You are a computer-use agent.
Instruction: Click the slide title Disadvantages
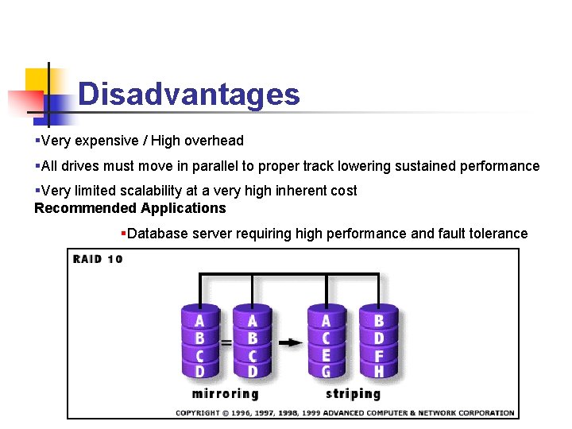click(x=189, y=95)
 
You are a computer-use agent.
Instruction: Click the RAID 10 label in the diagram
click(x=98, y=259)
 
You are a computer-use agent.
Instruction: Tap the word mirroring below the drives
click(x=225, y=393)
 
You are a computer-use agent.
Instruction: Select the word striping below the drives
click(x=353, y=393)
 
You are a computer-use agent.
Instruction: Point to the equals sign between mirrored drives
click(x=226, y=343)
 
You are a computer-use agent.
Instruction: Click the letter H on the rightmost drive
click(x=379, y=372)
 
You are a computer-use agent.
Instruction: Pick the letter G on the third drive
click(x=326, y=372)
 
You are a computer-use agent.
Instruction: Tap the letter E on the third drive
click(x=326, y=355)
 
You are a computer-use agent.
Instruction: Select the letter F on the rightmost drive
click(x=379, y=355)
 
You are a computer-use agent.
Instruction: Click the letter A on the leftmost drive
click(x=199, y=321)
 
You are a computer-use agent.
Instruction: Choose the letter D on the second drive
click(x=252, y=372)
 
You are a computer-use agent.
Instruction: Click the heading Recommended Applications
click(x=130, y=208)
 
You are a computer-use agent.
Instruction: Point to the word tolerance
click(x=499, y=233)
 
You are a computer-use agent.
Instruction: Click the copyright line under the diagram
click(x=345, y=412)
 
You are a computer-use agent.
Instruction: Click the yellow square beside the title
click(x=37, y=79)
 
